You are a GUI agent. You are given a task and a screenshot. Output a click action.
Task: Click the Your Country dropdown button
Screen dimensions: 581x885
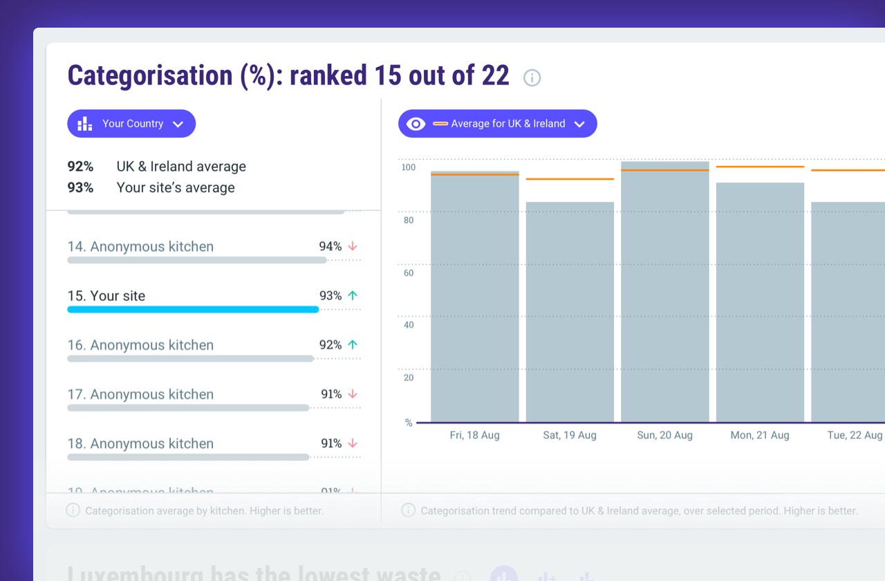pos(131,124)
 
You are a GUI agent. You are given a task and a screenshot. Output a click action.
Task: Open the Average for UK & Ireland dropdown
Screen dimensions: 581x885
pos(497,124)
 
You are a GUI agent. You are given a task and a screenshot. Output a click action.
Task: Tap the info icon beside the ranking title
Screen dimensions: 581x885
pos(532,77)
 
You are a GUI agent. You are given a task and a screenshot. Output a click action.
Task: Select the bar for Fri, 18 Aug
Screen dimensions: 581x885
pos(474,297)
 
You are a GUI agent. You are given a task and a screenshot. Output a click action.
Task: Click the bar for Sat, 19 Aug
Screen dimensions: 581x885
pos(570,311)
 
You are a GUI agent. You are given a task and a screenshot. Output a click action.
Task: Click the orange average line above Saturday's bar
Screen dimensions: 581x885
pos(570,179)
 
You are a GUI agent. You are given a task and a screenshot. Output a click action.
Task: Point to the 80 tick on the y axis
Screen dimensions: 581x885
pos(408,221)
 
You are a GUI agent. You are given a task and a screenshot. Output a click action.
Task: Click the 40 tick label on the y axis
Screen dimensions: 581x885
pos(408,325)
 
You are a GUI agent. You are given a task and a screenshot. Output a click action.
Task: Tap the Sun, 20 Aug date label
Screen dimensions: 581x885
pos(664,435)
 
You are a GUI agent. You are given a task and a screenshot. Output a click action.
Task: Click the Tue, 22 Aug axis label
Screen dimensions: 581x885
pos(855,435)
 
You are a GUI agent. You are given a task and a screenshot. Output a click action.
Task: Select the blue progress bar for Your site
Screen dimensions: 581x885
pos(193,310)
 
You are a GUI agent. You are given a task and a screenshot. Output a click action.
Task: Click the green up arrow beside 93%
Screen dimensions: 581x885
pos(353,295)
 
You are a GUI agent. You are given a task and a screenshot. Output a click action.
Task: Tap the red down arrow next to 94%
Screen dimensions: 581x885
pos(353,246)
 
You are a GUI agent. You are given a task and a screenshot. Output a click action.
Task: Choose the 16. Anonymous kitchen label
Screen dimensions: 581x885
pos(140,345)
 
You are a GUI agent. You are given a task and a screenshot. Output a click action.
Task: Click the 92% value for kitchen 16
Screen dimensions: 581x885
pos(330,345)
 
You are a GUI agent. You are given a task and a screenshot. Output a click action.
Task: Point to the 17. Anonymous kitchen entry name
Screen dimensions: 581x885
pos(140,394)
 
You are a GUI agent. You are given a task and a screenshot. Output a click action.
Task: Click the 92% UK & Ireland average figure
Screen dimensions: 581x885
pos(80,167)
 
